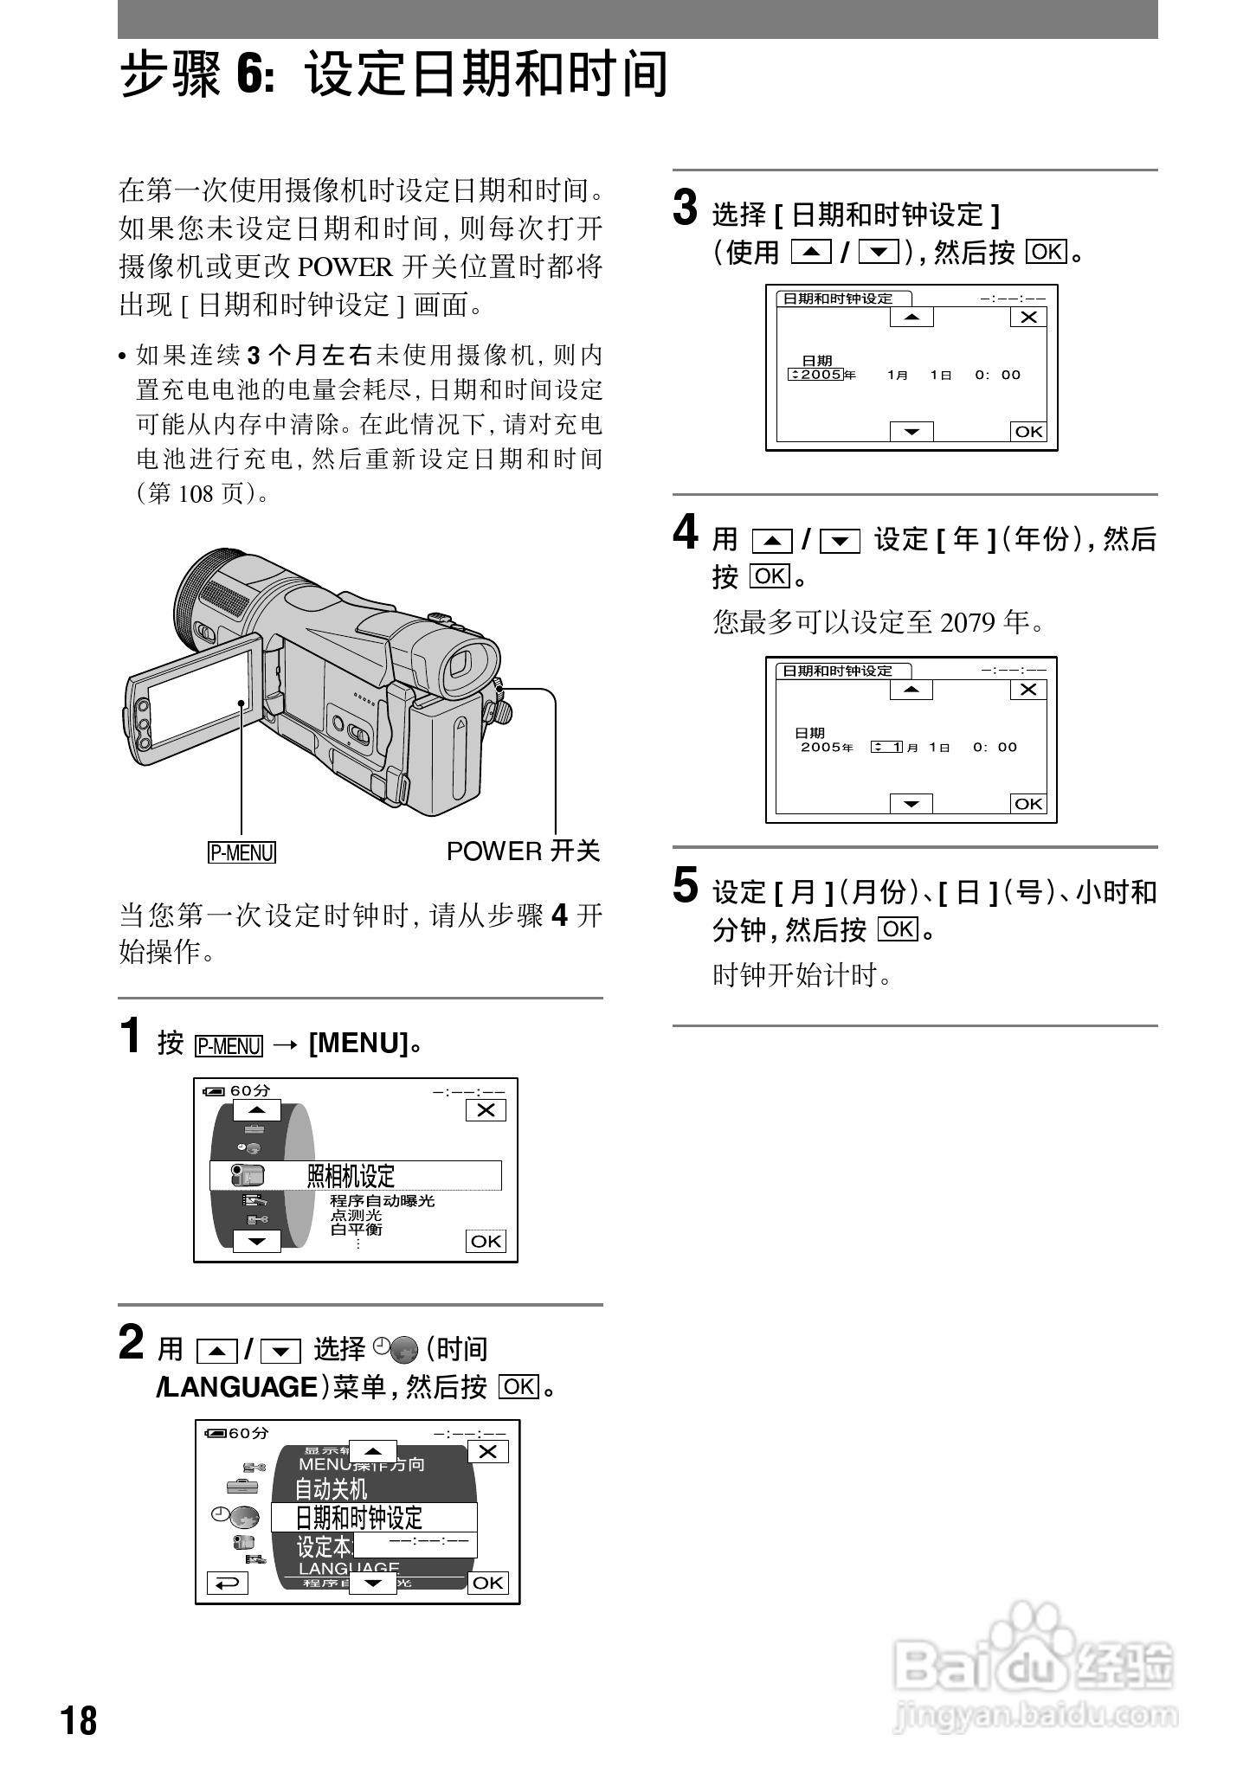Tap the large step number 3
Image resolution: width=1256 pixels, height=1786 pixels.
tap(685, 209)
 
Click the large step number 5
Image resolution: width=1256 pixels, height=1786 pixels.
tap(685, 887)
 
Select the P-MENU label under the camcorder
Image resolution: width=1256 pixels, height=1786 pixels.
tap(242, 852)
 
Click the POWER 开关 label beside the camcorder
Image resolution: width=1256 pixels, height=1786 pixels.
tap(523, 851)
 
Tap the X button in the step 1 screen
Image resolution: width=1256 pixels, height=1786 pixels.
tap(486, 1110)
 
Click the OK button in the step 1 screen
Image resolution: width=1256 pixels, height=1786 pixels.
tap(486, 1241)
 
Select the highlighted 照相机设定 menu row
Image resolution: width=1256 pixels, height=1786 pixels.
tap(356, 1176)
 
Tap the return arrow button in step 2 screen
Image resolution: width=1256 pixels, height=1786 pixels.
tap(228, 1583)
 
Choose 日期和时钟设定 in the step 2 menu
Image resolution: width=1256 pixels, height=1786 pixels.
tap(372, 1518)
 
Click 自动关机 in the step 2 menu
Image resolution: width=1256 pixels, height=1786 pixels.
tap(332, 1489)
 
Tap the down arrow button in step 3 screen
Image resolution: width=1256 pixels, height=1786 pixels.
tap(911, 431)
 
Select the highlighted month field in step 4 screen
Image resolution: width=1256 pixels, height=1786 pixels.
tap(887, 747)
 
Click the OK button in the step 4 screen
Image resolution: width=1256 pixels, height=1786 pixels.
tap(1028, 804)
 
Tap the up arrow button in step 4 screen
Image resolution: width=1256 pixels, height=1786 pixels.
tap(911, 690)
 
